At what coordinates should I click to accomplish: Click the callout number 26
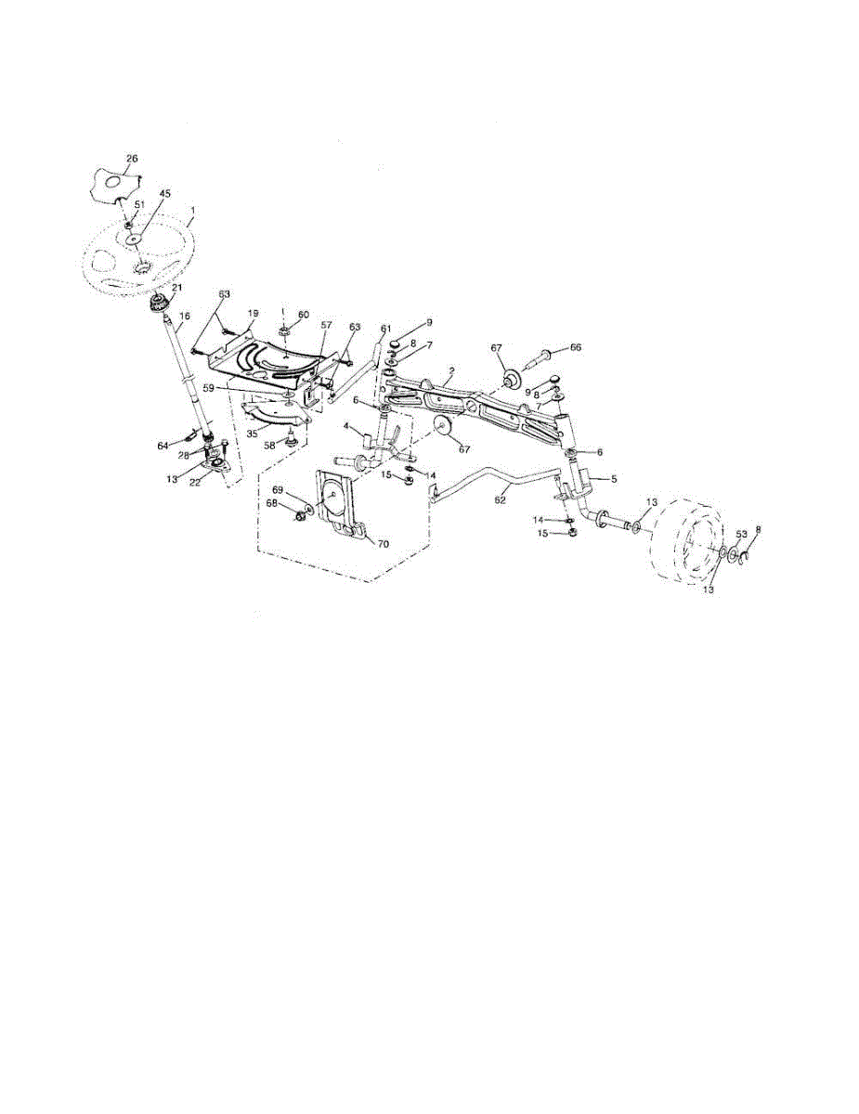[132, 159]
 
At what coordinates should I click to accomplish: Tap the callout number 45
[164, 194]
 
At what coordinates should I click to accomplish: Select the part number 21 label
[177, 288]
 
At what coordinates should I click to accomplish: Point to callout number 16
[185, 317]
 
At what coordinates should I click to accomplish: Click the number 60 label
[304, 315]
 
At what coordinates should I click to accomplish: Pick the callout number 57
[326, 325]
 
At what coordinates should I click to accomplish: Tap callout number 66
[576, 347]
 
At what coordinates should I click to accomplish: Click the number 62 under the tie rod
[500, 499]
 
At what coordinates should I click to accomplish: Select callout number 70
[384, 544]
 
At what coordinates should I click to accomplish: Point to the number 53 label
[741, 535]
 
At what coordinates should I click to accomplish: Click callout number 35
[252, 434]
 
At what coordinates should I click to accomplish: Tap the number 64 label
[163, 447]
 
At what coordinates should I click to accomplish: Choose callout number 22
[195, 483]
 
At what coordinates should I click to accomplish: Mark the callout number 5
[614, 479]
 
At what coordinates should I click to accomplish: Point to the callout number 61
[385, 328]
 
